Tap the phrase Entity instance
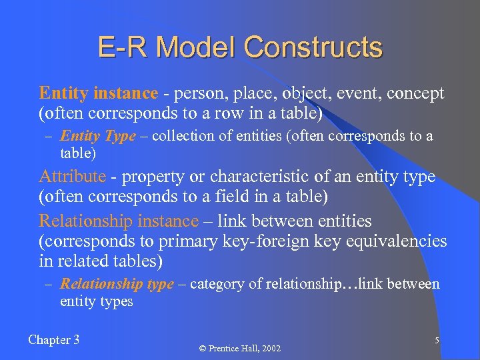point(99,93)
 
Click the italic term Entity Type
point(97,137)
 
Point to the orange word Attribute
point(72,177)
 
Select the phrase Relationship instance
point(119,221)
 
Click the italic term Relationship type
point(117,285)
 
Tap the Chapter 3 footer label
point(54,340)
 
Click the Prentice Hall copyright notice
point(240,349)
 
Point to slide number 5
point(437,341)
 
